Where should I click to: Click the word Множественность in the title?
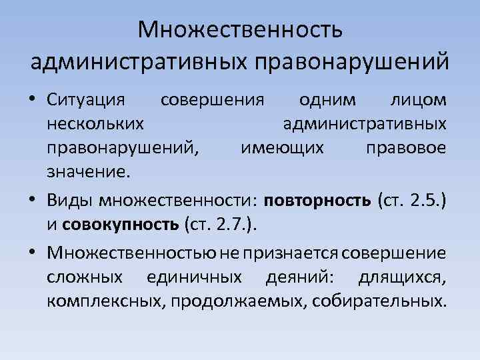click(x=240, y=30)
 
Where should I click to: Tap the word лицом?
click(x=417, y=100)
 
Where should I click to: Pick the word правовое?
click(x=406, y=147)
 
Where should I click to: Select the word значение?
click(x=85, y=171)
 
